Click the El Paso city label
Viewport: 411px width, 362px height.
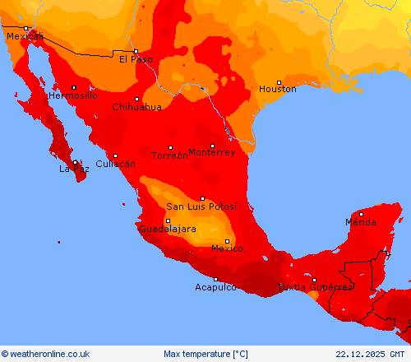pos(135,59)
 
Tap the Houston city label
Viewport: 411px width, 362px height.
pos(277,89)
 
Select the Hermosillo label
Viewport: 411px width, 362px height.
pos(73,95)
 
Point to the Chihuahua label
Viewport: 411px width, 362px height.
pos(136,107)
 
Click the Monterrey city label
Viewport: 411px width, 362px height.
pos(211,152)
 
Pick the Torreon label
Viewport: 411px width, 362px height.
pos(170,155)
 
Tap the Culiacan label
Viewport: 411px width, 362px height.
pos(114,164)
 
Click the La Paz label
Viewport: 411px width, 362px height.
pos(73,169)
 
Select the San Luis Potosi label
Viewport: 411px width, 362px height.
pos(201,207)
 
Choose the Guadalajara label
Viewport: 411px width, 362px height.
pos(168,229)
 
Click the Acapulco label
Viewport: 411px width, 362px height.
pos(216,287)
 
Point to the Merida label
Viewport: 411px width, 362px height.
pos(361,222)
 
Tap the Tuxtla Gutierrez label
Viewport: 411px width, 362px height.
pos(314,287)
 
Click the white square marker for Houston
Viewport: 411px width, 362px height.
pos(279,82)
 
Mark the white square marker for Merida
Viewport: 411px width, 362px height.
pos(361,214)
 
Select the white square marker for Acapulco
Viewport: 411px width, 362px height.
pos(216,279)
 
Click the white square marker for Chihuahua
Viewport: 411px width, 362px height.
pos(136,99)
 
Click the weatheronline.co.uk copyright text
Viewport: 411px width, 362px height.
pos(45,354)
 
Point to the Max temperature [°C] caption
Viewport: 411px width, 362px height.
pos(205,354)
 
